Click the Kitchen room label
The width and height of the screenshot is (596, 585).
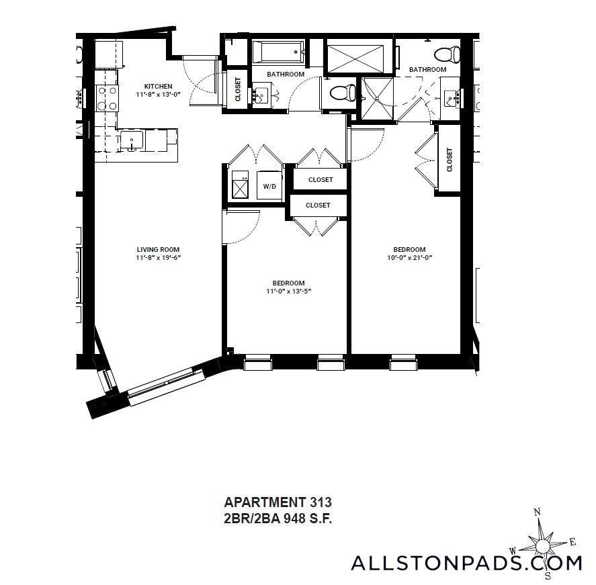click(158, 86)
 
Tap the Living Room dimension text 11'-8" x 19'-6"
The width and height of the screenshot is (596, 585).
click(158, 257)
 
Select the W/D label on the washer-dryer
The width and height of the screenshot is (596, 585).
click(269, 187)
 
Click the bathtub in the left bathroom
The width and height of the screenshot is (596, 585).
click(278, 52)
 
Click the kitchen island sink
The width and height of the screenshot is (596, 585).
click(132, 141)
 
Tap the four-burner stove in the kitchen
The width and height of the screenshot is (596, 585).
click(107, 98)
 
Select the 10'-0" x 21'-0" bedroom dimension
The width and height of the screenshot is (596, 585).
click(409, 257)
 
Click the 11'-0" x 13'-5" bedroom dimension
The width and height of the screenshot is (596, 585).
click(288, 291)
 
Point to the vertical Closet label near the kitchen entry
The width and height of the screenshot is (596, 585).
click(238, 89)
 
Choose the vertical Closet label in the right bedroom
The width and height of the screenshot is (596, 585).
click(450, 160)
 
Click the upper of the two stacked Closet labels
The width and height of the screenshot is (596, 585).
click(321, 180)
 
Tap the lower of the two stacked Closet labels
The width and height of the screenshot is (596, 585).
click(318, 205)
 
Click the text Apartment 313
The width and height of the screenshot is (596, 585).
click(278, 502)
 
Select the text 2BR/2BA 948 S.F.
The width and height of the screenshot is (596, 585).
click(278, 519)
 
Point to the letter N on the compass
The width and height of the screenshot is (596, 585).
click(537, 512)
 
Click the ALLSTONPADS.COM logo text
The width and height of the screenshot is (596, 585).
click(466, 563)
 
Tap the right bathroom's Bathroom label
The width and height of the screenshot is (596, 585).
click(427, 70)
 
